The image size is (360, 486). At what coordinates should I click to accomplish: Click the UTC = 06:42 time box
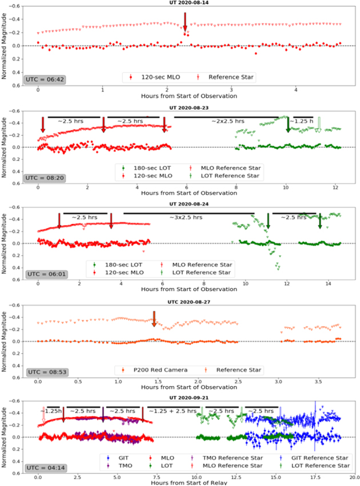tap(40, 78)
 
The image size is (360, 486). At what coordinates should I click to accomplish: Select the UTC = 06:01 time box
tap(40, 274)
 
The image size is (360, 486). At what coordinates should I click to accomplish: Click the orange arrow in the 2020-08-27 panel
tap(154, 319)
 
